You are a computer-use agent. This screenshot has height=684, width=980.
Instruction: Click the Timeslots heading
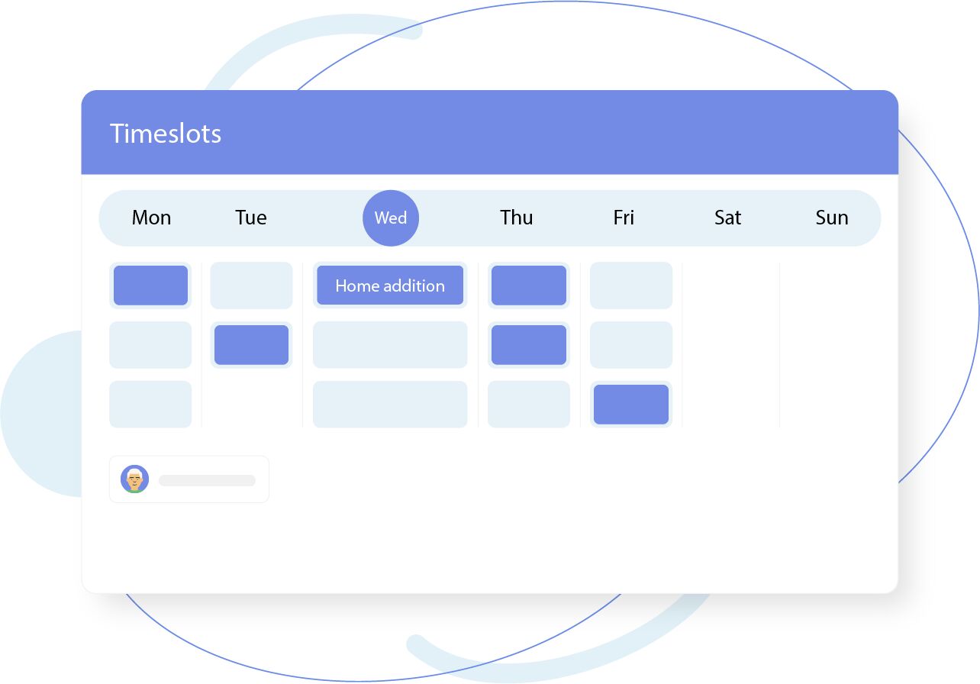pyautogui.click(x=166, y=134)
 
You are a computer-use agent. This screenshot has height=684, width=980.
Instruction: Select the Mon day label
pyautogui.click(x=151, y=218)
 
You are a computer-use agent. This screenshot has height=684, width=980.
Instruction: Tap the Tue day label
pyautogui.click(x=251, y=218)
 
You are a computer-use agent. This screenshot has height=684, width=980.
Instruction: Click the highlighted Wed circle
pyautogui.click(x=391, y=218)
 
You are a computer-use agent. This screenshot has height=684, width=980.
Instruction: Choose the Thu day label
pyautogui.click(x=517, y=218)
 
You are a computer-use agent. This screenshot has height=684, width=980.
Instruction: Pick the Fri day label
pyautogui.click(x=624, y=218)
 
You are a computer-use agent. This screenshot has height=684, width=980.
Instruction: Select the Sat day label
pyautogui.click(x=727, y=218)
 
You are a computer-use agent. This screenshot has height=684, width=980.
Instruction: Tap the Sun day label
pyautogui.click(x=832, y=218)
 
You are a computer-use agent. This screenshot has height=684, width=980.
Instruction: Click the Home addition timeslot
pyautogui.click(x=390, y=286)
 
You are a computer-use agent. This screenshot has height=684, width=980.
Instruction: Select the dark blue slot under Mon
pyautogui.click(x=150, y=286)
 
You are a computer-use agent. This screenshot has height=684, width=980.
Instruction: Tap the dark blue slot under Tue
pyautogui.click(x=251, y=345)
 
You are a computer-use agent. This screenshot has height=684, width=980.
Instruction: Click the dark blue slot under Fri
pyautogui.click(x=631, y=405)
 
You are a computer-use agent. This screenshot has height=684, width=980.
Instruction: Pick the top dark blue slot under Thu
pyautogui.click(x=529, y=286)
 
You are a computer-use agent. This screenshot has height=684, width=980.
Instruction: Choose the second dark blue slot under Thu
pyautogui.click(x=529, y=345)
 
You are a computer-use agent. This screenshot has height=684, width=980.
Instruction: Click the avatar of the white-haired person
pyautogui.click(x=134, y=479)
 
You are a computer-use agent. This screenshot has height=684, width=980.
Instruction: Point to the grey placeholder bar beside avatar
pyautogui.click(x=207, y=480)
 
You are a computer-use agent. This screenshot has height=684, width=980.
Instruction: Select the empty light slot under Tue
pyautogui.click(x=251, y=286)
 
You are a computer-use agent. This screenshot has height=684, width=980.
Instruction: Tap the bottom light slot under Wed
pyautogui.click(x=390, y=405)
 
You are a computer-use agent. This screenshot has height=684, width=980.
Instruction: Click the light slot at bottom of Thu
pyautogui.click(x=529, y=405)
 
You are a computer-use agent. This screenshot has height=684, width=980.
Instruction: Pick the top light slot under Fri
pyautogui.click(x=631, y=286)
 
